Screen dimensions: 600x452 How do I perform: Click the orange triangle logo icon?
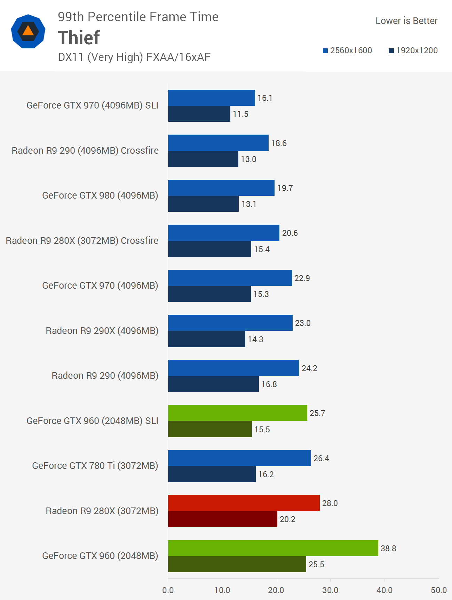pyautogui.click(x=28, y=31)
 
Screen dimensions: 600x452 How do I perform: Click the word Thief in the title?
pyautogui.click(x=79, y=38)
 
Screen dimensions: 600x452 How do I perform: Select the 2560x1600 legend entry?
pyautogui.click(x=348, y=50)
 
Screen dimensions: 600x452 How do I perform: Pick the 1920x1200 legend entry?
pyautogui.click(x=413, y=50)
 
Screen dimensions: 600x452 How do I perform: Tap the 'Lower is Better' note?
pyautogui.click(x=406, y=21)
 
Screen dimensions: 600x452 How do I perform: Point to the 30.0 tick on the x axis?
pyautogui.click(x=330, y=590)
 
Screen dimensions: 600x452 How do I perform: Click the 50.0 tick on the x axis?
pyautogui.click(x=438, y=590)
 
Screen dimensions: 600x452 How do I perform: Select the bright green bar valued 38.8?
pyautogui.click(x=273, y=548)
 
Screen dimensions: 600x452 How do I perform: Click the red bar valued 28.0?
pyautogui.click(x=244, y=503)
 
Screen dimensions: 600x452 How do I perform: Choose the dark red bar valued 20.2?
pyautogui.click(x=222, y=519)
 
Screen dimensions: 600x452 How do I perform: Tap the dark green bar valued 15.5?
pyautogui.click(x=210, y=429)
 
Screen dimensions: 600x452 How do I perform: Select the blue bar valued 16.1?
pyautogui.click(x=211, y=98)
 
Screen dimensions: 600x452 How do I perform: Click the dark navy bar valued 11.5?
pyautogui.click(x=199, y=114)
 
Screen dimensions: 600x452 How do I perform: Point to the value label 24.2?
pyautogui.click(x=309, y=368)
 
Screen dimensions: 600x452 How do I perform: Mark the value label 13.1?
pyautogui.click(x=249, y=204)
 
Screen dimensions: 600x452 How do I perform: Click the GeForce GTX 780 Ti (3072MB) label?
pyautogui.click(x=95, y=465)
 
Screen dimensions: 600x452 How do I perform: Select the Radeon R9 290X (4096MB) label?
pyautogui.click(x=102, y=330)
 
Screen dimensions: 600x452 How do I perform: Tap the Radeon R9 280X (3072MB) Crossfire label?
pyautogui.click(x=82, y=240)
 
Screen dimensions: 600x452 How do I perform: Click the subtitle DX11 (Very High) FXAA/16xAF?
pyautogui.click(x=134, y=57)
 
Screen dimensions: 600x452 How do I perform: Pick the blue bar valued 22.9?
pyautogui.click(x=230, y=278)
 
